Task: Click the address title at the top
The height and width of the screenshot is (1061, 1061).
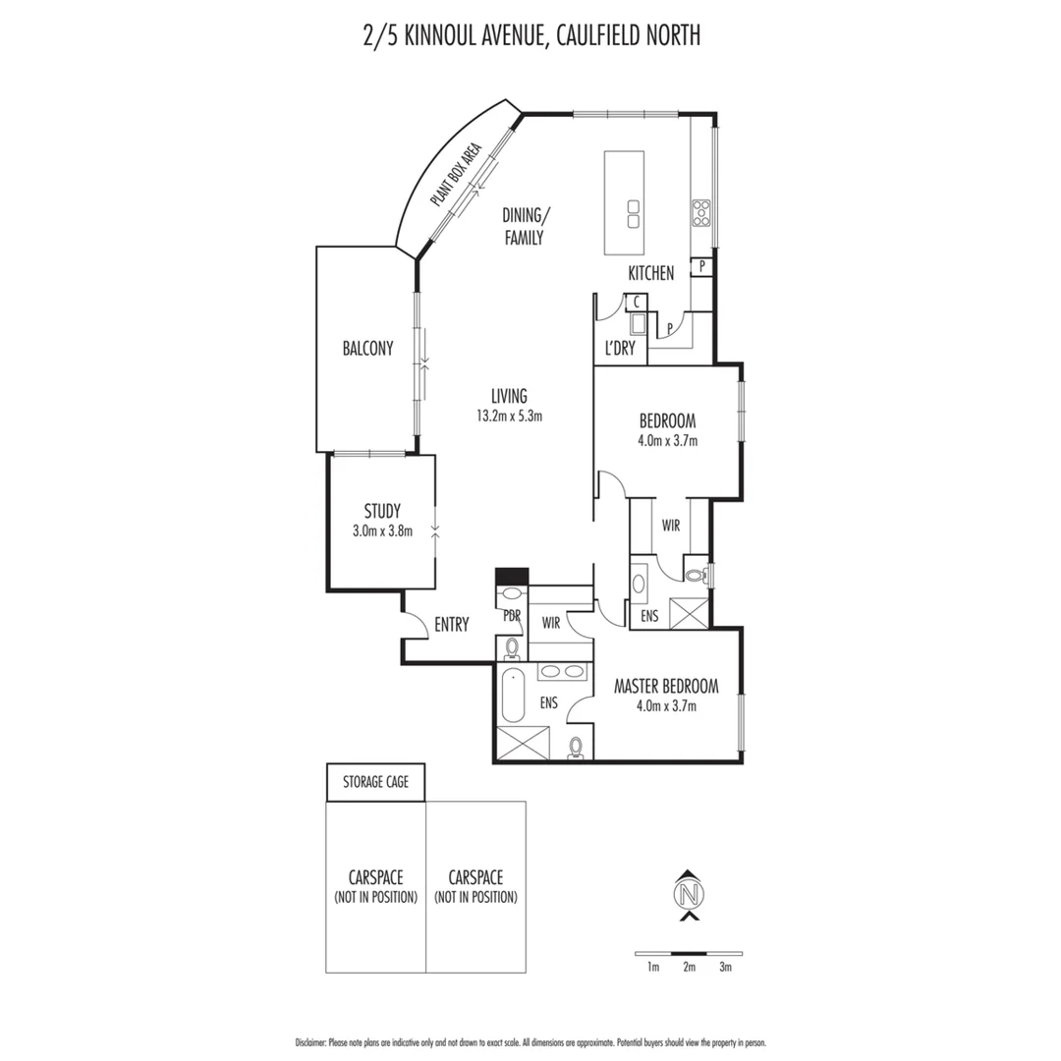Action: point(530,36)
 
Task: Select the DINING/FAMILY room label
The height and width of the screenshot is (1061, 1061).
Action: point(523,226)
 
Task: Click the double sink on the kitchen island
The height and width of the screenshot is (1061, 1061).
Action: point(634,213)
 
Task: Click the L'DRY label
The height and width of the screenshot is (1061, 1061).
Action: point(619,348)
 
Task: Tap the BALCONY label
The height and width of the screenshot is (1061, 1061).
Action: point(367,348)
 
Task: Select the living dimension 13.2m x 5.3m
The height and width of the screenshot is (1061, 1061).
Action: point(510,416)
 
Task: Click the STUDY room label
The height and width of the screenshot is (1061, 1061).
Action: point(382,511)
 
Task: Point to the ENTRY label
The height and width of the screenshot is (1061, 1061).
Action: point(451,624)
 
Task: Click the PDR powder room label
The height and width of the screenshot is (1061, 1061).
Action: point(511,616)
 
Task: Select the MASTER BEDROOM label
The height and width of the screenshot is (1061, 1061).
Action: point(666,686)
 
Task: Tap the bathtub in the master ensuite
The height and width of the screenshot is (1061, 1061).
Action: point(513,696)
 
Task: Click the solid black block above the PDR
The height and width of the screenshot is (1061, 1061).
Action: point(512,576)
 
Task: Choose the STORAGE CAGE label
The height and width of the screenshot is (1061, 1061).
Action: point(375,783)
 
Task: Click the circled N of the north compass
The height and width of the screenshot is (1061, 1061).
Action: point(691,895)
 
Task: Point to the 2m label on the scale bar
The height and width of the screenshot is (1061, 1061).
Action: point(689,968)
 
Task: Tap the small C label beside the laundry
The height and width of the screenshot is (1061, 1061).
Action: point(637,302)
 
